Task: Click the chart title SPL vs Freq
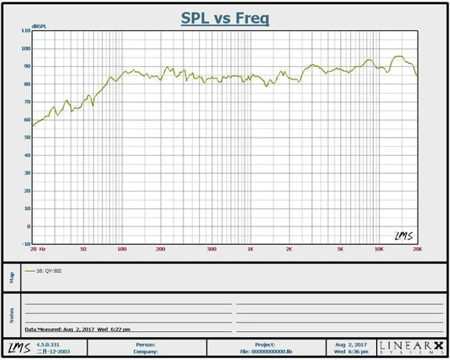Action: coord(225,19)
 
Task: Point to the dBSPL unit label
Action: coord(39,26)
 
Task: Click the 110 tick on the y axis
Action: coord(26,31)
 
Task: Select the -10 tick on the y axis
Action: coord(26,244)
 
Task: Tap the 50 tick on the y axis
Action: coord(27,137)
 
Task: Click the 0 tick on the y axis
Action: coord(29,227)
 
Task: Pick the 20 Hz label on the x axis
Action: coord(38,249)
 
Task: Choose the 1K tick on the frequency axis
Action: coord(251,249)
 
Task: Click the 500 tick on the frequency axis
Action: coord(212,249)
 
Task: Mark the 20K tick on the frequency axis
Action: coord(418,249)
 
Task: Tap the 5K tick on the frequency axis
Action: coord(340,249)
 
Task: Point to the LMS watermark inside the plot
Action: coord(404,236)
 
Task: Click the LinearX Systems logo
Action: coord(412,347)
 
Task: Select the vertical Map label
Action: coord(12,278)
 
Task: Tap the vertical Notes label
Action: coord(12,316)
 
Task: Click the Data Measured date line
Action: coord(77,329)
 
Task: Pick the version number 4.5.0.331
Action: coord(48,345)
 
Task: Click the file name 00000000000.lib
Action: coord(271,352)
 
